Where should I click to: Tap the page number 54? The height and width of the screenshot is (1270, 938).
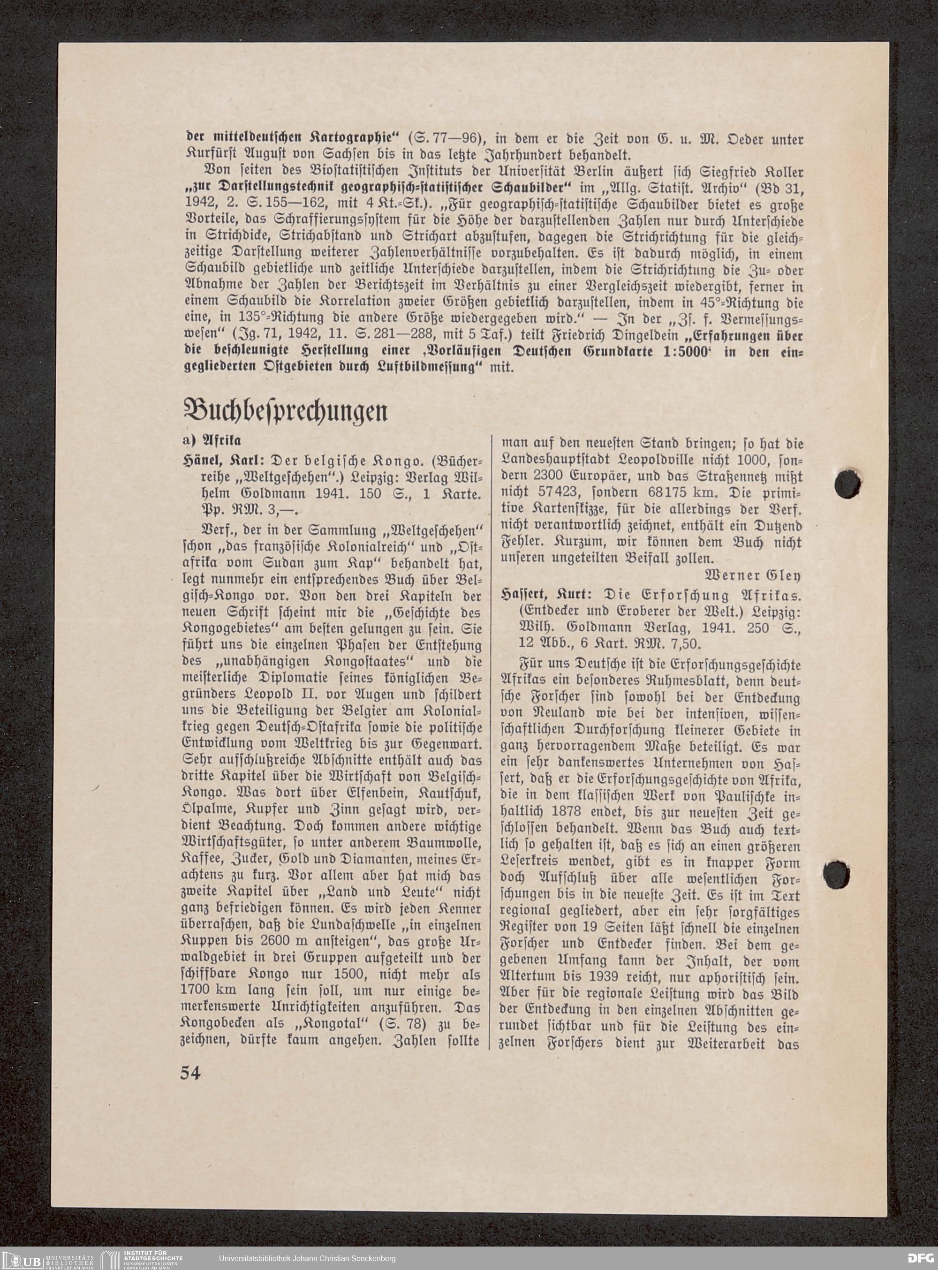point(190,1073)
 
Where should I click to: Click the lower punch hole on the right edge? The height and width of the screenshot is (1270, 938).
point(836,875)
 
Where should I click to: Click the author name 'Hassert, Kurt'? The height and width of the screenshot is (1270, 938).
point(545,596)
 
